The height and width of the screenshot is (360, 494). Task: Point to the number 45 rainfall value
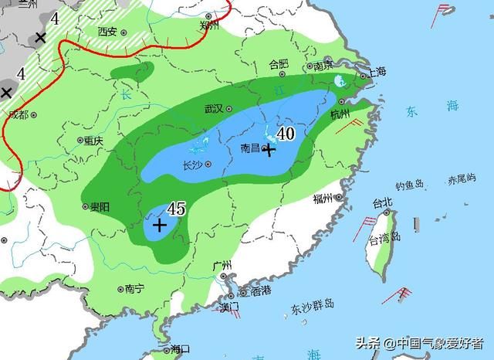pyautogui.click(x=176, y=209)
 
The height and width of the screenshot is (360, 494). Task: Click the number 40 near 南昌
pyautogui.click(x=285, y=134)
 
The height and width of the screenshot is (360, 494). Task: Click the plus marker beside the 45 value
pyautogui.click(x=159, y=226)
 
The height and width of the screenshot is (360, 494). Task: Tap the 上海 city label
pyautogui.click(x=377, y=72)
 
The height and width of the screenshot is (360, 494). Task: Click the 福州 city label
pyautogui.click(x=323, y=199)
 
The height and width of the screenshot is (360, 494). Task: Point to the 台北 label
pyautogui.click(x=383, y=203)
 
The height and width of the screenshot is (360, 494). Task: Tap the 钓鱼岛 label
pyautogui.click(x=410, y=185)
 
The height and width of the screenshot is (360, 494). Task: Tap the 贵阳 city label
pyautogui.click(x=100, y=206)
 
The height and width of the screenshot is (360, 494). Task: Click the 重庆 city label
pyautogui.click(x=93, y=141)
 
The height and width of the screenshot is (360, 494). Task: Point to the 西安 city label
pyautogui.click(x=107, y=32)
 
